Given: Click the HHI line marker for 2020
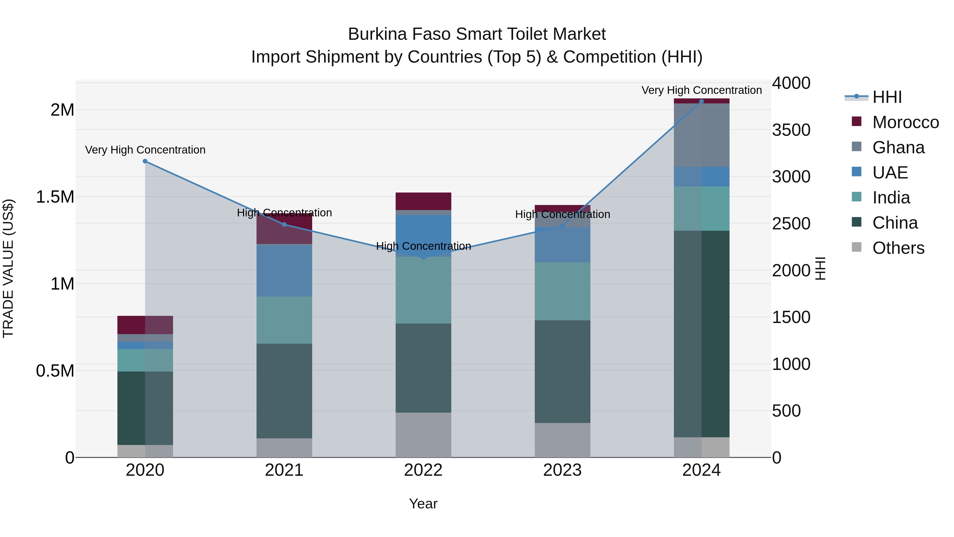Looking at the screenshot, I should click(x=145, y=161).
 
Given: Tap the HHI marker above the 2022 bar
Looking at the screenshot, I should click(x=423, y=257).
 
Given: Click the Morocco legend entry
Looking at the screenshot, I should click(x=905, y=122).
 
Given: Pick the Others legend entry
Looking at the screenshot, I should click(x=898, y=248).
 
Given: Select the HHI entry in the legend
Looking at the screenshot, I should click(x=887, y=97).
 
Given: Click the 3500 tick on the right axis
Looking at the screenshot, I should click(x=791, y=130).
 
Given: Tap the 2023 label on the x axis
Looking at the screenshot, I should click(x=562, y=470).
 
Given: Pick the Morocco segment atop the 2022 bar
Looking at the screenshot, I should click(x=423, y=201).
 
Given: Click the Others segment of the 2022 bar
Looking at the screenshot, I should click(x=423, y=434).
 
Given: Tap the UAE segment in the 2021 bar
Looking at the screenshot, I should click(x=284, y=270).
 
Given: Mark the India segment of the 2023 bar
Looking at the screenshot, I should click(x=562, y=291).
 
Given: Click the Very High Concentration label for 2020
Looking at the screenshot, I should click(x=145, y=150).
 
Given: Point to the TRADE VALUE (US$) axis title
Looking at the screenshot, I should click(x=8, y=268).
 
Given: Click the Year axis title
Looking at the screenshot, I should click(x=423, y=504).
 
